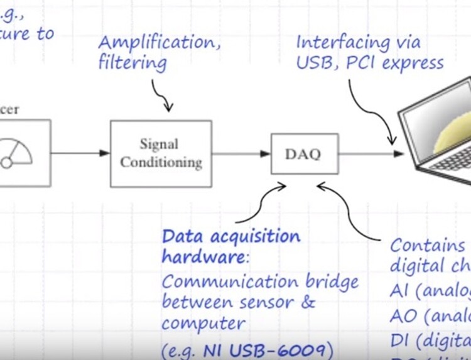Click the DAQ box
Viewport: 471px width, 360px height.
(x=305, y=154)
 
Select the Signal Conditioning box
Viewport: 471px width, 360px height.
(x=161, y=154)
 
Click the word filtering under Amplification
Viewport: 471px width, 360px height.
(x=133, y=63)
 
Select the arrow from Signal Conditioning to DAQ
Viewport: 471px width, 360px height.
(x=241, y=153)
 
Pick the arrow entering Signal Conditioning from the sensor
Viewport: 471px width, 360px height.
(x=80, y=153)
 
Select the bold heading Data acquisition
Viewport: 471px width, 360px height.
(x=231, y=237)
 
